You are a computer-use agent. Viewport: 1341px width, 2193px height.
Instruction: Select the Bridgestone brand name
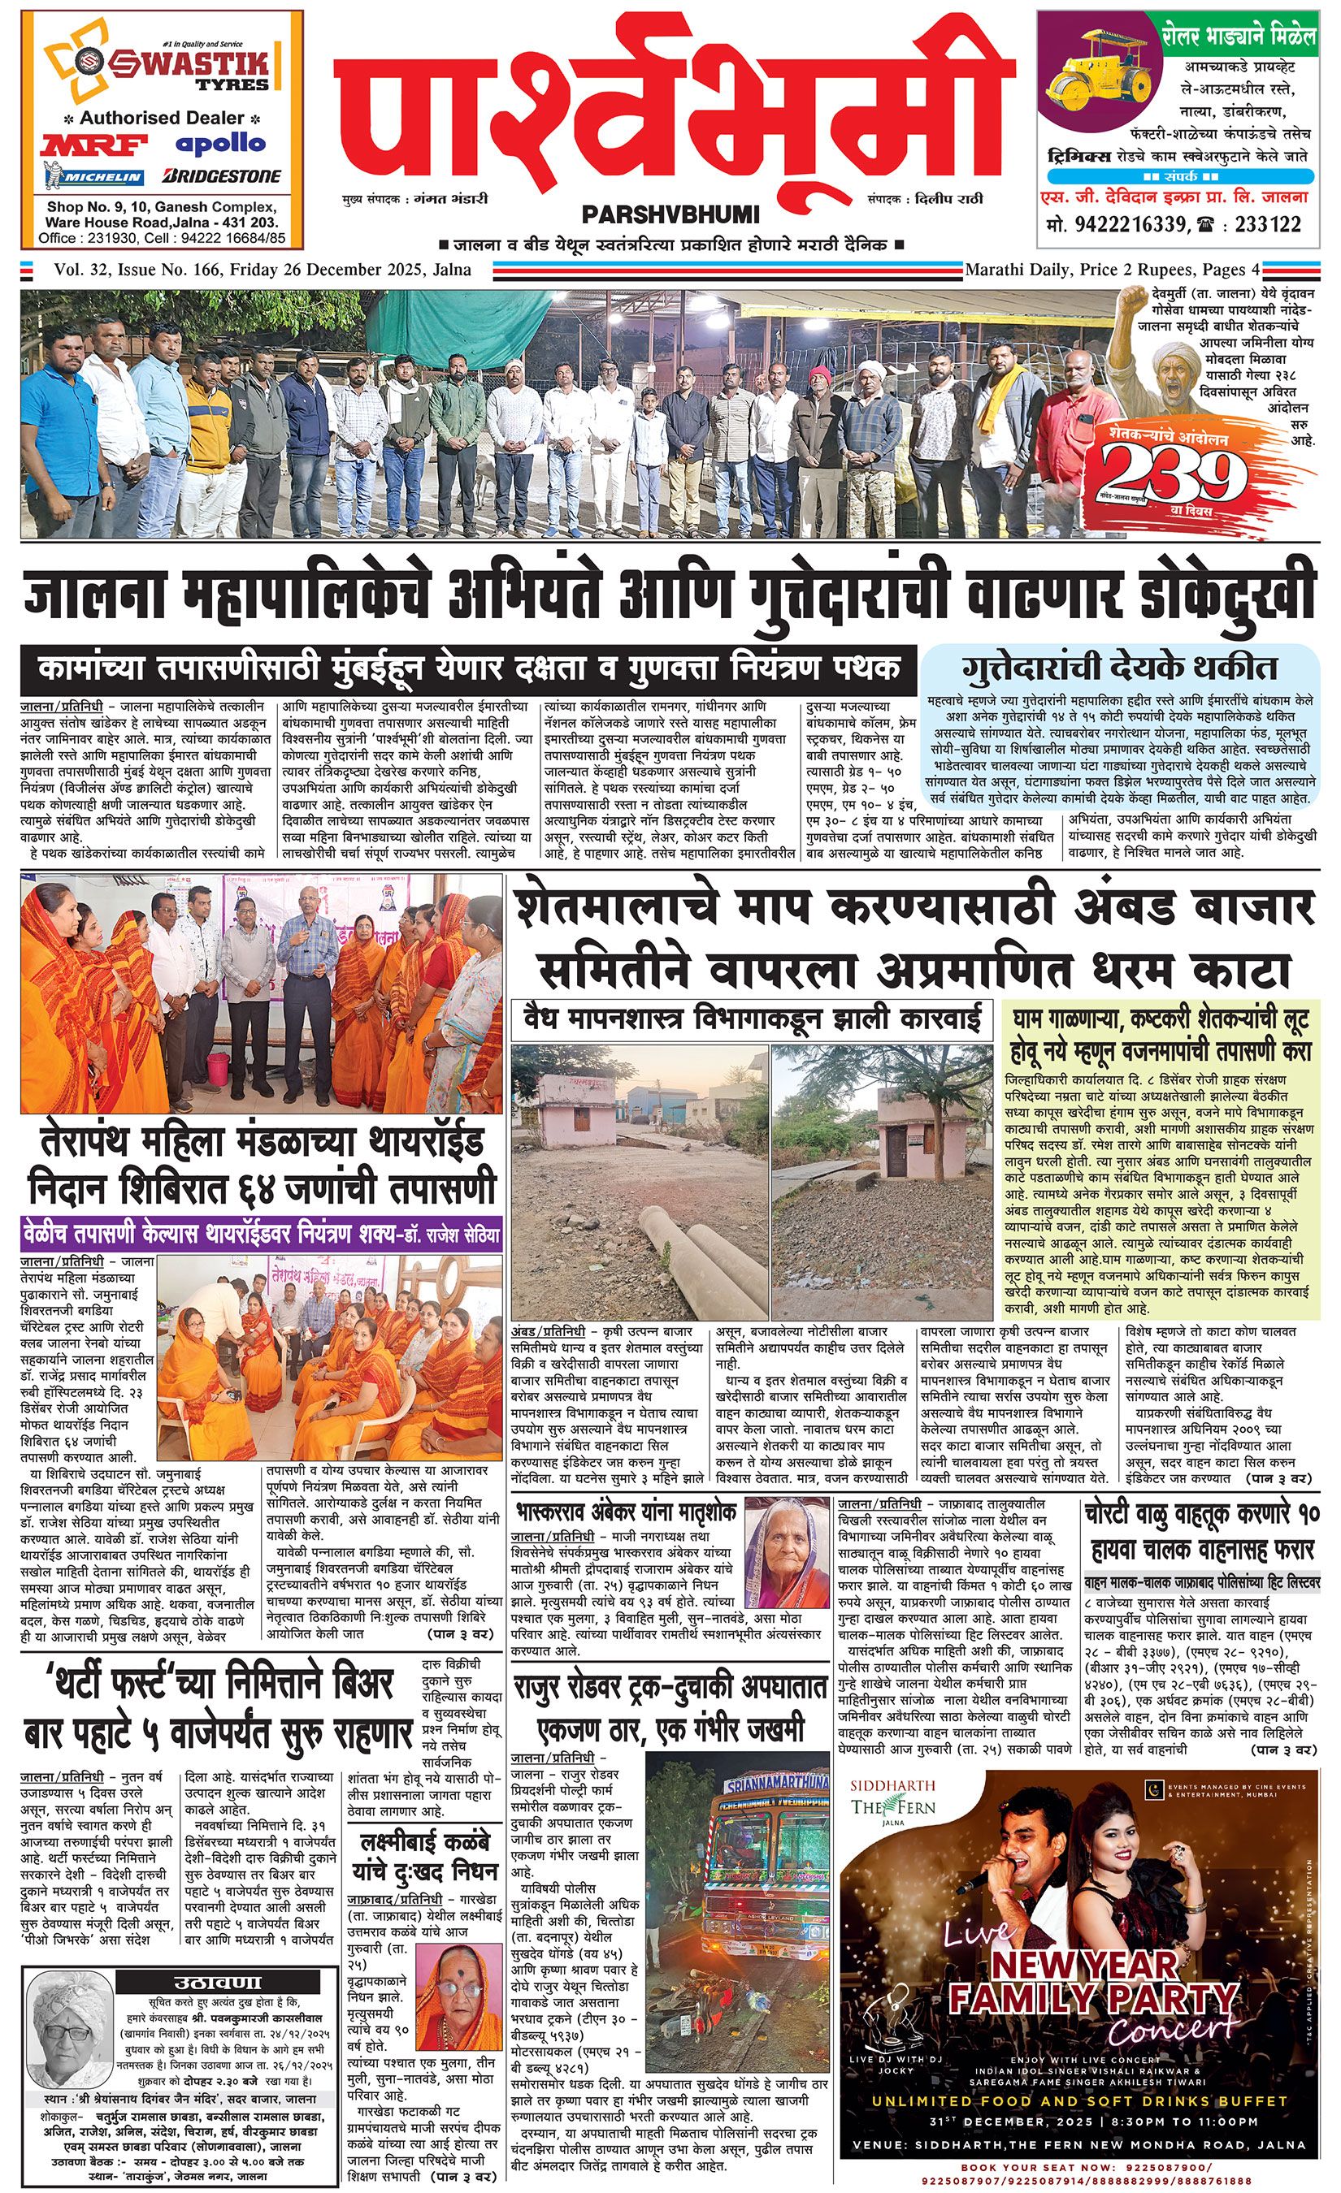222,176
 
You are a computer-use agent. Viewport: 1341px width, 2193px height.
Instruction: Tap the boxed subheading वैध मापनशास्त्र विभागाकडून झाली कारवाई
752,1016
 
